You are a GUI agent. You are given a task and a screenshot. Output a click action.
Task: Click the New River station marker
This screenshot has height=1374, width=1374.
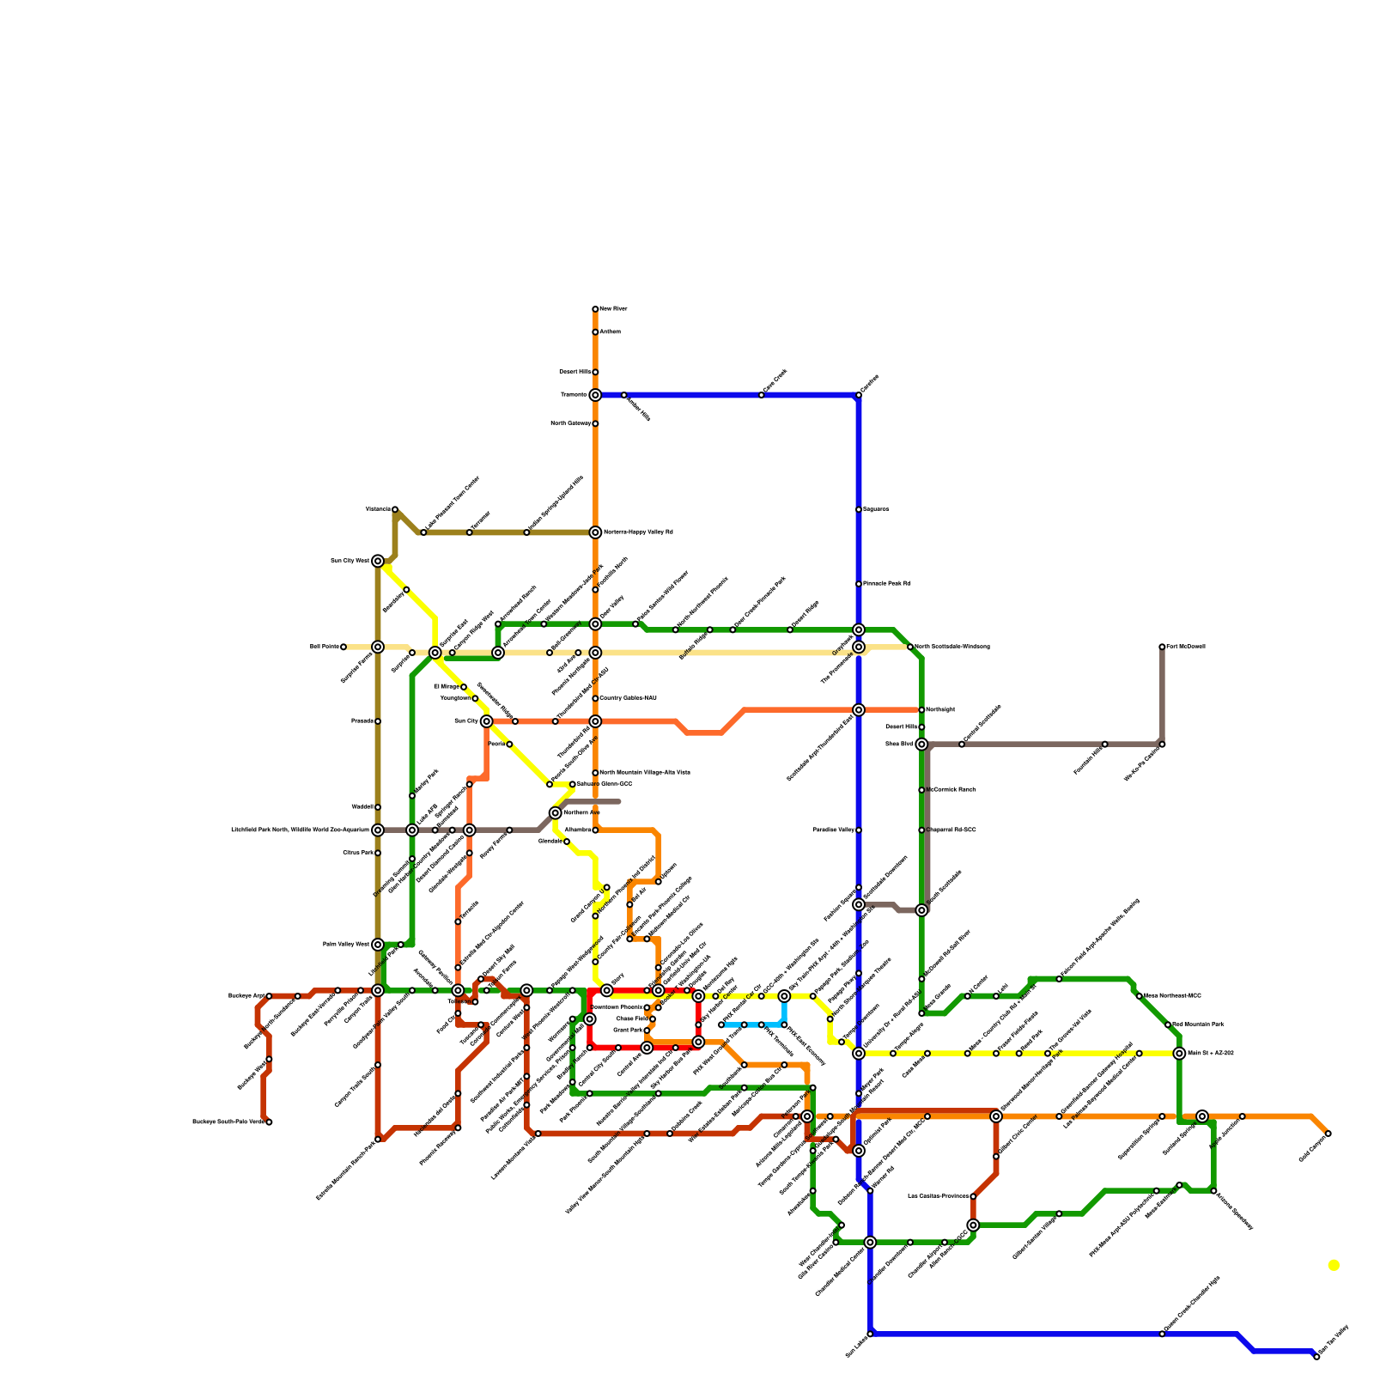point(595,309)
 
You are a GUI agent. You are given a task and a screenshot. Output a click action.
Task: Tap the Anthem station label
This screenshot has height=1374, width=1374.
point(610,331)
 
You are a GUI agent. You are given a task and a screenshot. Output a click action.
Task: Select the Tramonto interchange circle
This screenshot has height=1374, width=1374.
point(595,395)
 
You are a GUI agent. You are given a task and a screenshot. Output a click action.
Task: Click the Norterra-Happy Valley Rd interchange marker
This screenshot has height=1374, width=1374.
point(595,532)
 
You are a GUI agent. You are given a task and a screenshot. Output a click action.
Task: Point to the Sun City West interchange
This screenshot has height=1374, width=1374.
point(378,561)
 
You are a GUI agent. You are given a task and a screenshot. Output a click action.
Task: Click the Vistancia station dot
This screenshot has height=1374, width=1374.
point(395,509)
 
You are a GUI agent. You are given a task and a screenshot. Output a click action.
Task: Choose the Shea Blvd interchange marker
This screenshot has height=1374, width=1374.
point(921,745)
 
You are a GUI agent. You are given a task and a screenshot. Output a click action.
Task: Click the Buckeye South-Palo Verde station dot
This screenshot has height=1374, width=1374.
point(269,1122)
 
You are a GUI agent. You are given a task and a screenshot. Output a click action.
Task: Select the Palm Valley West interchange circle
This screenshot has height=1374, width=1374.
point(378,945)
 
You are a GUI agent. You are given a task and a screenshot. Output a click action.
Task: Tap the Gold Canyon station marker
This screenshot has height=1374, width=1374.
point(1328,1134)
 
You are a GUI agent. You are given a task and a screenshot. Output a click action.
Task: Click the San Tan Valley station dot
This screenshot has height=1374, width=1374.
point(1316,1357)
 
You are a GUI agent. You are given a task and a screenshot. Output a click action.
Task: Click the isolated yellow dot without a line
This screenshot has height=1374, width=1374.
point(1333,1265)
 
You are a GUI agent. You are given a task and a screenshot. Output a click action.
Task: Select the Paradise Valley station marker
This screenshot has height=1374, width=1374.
point(859,830)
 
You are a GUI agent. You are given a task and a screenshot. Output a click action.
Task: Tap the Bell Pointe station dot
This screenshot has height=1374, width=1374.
point(343,647)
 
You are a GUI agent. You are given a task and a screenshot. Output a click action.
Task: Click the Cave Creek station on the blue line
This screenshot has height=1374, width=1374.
point(762,395)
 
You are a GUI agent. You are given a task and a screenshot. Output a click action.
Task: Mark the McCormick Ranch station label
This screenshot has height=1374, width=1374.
point(951,789)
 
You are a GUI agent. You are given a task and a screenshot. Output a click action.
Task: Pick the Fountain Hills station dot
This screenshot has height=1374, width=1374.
point(1105,744)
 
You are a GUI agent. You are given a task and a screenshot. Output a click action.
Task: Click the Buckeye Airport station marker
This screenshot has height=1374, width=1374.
point(269,996)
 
